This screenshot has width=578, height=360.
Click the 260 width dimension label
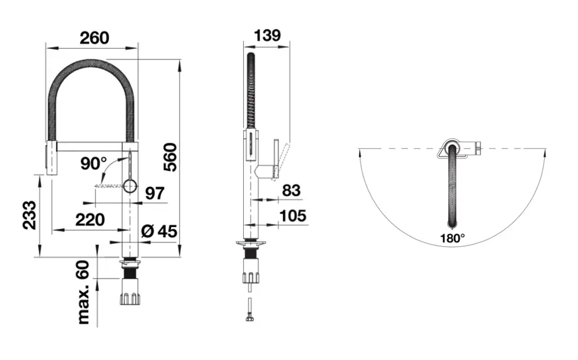[95, 38]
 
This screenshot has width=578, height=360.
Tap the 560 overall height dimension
[170, 157]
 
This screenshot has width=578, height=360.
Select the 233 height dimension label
[29, 215]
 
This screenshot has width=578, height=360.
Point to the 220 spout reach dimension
[90, 220]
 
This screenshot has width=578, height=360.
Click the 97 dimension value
[155, 193]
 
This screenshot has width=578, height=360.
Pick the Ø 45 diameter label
[159, 231]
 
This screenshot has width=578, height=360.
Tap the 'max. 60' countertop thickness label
[84, 292]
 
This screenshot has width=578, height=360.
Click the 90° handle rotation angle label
[94, 164]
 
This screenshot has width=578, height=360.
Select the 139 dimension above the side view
[267, 36]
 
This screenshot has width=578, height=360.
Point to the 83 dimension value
[291, 190]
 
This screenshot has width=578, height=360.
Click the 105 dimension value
[293, 216]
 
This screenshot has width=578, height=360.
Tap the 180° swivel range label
[452, 238]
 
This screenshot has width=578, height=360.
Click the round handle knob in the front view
[130, 186]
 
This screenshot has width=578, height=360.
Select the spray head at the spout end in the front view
[51, 157]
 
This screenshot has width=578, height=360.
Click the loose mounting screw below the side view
[250, 309]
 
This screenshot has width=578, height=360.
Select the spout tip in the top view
[452, 223]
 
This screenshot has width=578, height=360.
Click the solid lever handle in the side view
[275, 158]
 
